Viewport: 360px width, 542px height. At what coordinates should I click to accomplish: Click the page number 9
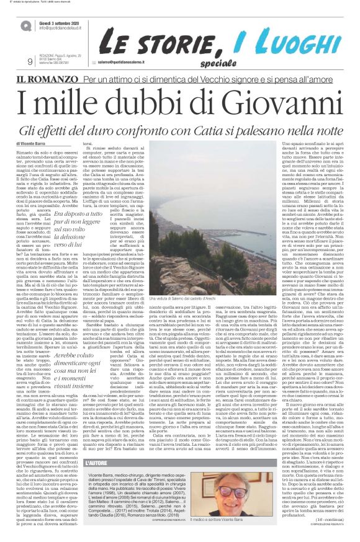pyautogui.click(x=29, y=61)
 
